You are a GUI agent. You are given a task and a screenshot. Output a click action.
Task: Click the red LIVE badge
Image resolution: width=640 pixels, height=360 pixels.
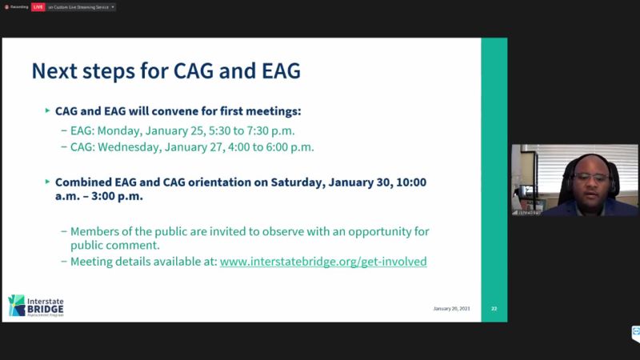[38, 6]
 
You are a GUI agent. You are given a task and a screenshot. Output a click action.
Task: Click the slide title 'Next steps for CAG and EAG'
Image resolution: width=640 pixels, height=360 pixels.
[166, 71]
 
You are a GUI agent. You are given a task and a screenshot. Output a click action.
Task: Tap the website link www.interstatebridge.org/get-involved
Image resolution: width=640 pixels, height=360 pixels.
[323, 261]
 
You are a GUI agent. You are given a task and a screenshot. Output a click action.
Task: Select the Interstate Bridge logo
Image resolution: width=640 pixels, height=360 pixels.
[35, 305]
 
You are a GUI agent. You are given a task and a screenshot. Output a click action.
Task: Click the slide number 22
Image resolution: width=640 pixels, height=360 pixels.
[494, 308]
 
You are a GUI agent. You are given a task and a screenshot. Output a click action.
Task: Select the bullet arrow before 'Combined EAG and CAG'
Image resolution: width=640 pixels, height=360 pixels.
[47, 182]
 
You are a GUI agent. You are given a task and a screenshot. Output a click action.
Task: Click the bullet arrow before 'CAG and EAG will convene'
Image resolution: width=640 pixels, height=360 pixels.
[47, 111]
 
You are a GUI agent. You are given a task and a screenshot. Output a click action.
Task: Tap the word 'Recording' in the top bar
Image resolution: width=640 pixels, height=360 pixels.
[18, 6]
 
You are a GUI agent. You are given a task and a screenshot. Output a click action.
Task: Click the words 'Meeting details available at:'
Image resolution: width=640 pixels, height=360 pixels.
[143, 261]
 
